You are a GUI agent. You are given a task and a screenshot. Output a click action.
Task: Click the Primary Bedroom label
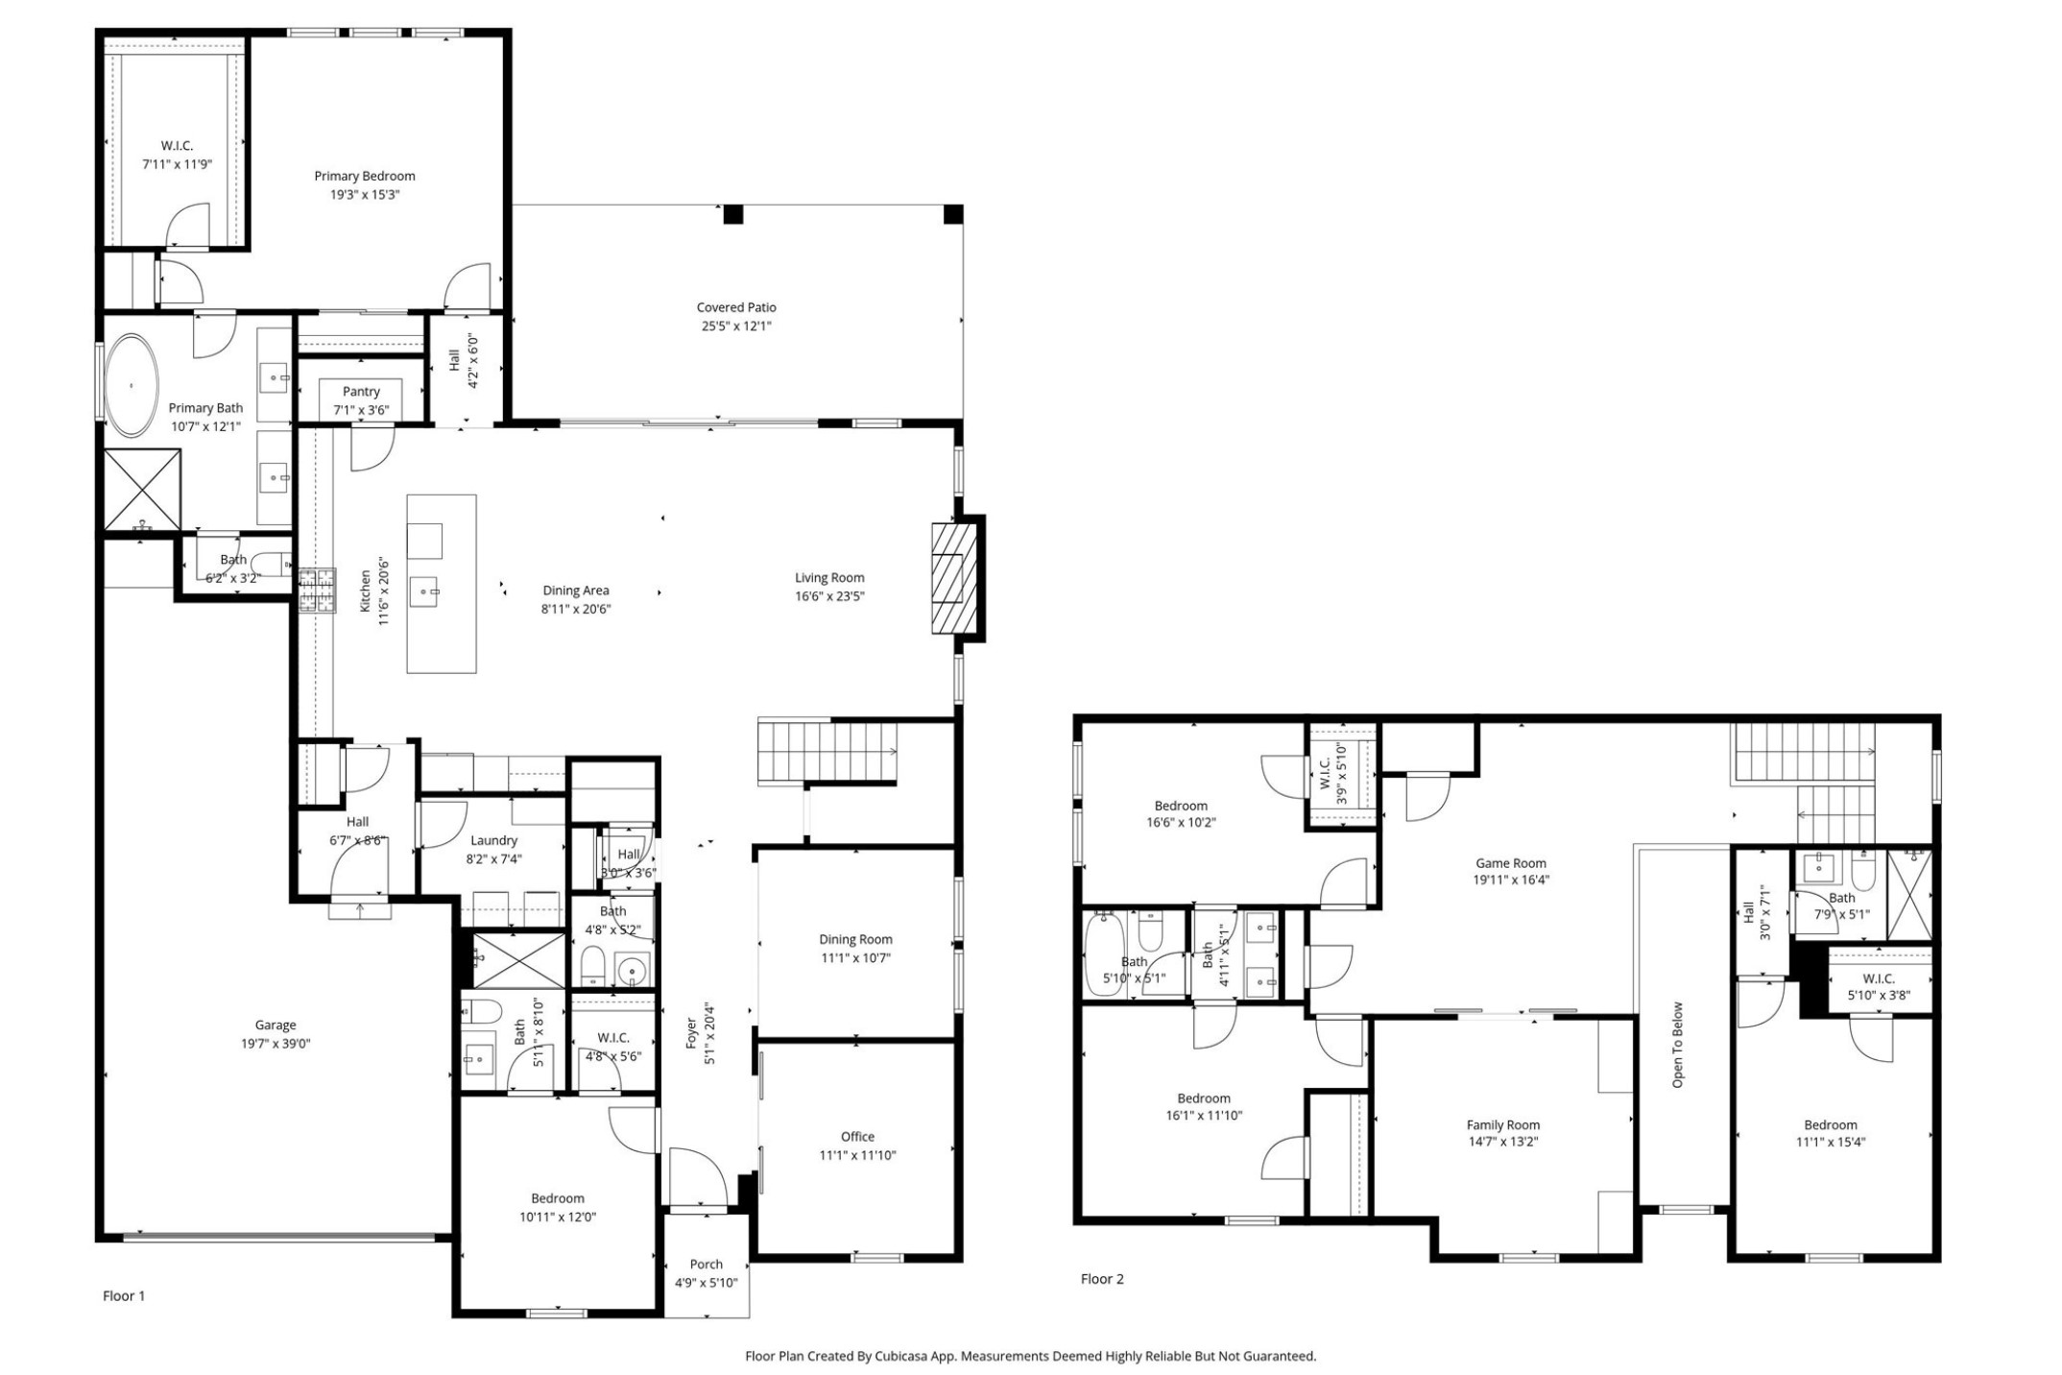[x=365, y=176]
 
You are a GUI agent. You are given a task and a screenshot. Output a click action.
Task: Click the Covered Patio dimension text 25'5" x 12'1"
[x=736, y=326]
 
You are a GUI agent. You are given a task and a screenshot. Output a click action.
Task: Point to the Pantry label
[x=361, y=391]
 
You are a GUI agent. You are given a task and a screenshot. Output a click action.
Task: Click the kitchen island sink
[x=424, y=592]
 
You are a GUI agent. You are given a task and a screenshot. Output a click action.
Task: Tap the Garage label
[x=276, y=1025]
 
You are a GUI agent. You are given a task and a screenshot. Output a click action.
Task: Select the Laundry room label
[x=493, y=840]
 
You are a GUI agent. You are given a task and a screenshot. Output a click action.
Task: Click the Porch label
[x=706, y=1264]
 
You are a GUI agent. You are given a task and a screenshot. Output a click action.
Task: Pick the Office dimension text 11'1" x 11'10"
[x=857, y=1155]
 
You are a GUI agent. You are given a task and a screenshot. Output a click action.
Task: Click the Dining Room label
[x=855, y=939]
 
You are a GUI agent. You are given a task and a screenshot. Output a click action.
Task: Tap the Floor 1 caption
[x=124, y=1295]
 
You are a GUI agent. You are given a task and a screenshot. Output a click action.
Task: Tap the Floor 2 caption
[x=1102, y=1278]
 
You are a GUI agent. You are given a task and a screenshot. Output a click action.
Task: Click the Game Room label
[x=1511, y=862]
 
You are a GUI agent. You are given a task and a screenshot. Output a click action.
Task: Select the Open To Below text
[x=1678, y=1045]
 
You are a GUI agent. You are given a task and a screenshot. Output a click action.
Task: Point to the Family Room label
[x=1503, y=1124]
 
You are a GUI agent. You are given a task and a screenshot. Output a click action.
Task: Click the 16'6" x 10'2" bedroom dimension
[x=1181, y=822]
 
